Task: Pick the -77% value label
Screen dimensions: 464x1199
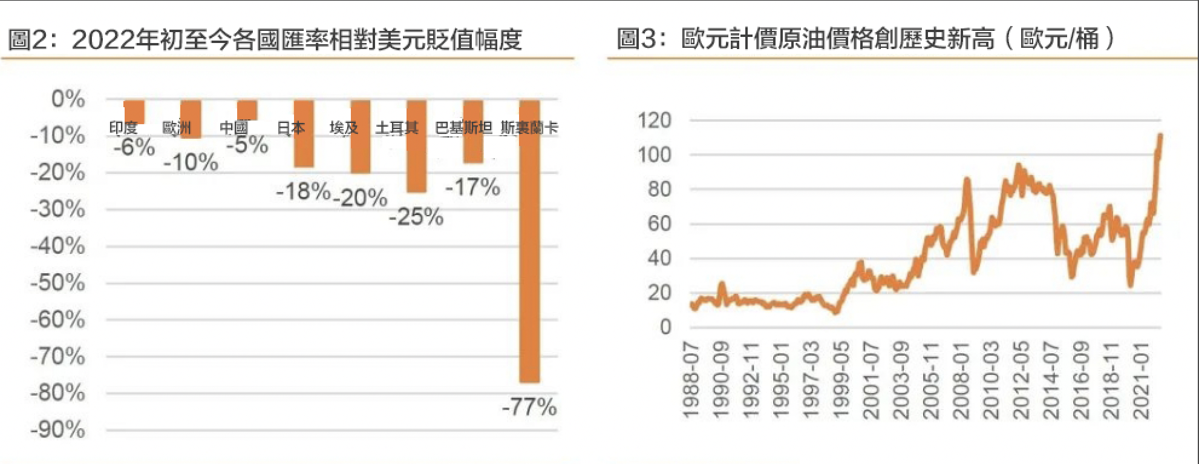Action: point(529,407)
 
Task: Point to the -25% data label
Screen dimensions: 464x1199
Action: point(416,217)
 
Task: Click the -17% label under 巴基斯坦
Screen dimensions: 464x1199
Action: point(472,187)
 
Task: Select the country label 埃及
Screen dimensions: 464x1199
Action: point(344,128)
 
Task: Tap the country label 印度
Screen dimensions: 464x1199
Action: point(123,128)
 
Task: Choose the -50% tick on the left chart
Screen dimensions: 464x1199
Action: point(58,283)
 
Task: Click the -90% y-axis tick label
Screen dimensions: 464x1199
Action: point(58,430)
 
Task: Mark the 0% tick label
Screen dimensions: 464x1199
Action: point(68,99)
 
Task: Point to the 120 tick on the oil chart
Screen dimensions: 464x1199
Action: point(655,120)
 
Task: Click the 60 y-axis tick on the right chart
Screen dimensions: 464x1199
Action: point(659,224)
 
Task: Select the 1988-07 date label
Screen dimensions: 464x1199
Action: point(691,380)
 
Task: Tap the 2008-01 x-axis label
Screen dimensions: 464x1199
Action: point(961,380)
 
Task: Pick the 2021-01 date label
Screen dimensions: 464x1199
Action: point(1141,380)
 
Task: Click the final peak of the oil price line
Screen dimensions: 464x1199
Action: point(1160,136)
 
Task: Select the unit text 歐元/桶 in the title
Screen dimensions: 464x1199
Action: point(1059,39)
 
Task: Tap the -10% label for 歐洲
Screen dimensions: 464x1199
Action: point(191,162)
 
